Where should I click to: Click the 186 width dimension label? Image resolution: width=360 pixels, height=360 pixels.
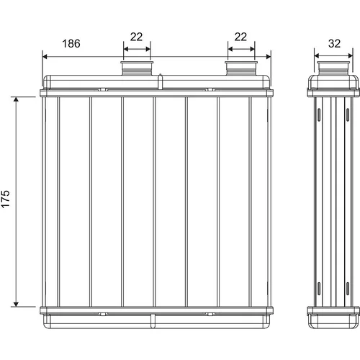point(71,44)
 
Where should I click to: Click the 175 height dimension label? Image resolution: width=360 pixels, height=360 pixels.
point(6,199)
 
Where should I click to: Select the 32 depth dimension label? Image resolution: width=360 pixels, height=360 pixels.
point(334,44)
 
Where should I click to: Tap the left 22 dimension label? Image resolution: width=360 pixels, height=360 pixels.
point(136,37)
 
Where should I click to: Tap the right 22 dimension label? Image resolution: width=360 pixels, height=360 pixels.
point(240,37)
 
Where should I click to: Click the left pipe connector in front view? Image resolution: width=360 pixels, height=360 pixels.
point(137,68)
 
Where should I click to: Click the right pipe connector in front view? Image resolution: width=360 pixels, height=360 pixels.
point(241,68)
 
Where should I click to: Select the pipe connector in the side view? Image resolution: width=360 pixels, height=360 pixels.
point(333,68)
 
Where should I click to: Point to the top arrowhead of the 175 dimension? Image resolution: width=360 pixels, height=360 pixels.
point(16,99)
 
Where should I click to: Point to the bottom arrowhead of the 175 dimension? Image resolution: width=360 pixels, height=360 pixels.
point(16,304)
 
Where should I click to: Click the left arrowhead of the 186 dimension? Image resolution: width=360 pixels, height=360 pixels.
point(45,57)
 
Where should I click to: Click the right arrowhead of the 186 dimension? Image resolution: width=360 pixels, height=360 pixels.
point(269,57)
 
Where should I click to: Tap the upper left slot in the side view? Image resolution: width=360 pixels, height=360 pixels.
point(319,114)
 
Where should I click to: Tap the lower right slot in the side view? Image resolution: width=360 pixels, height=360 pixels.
point(348,289)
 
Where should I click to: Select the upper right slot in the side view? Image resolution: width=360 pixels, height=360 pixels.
point(348,114)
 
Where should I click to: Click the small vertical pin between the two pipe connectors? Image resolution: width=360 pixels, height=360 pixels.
point(160,81)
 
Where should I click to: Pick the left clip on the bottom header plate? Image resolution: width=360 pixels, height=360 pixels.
point(103,314)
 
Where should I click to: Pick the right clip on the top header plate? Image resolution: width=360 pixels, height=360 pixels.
point(210,89)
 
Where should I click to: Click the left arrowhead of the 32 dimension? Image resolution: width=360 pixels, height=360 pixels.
point(317,56)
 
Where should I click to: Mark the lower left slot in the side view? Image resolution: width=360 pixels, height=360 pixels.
point(319,289)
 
